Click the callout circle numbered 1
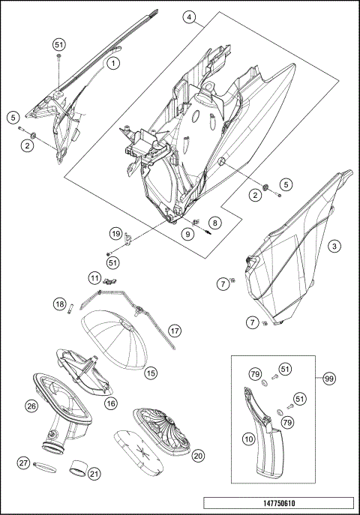(113, 63)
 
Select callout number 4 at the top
(190, 17)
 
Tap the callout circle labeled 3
(334, 246)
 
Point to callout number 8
(214, 223)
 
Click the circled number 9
(188, 234)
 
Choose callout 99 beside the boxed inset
(328, 379)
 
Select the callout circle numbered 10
(249, 439)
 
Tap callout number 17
(175, 331)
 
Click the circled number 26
(31, 406)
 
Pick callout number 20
(198, 456)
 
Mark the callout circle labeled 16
(111, 403)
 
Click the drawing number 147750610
(279, 503)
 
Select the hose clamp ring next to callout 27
(45, 468)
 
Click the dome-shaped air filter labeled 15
(115, 339)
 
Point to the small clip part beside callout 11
(110, 281)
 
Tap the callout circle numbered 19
(115, 234)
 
